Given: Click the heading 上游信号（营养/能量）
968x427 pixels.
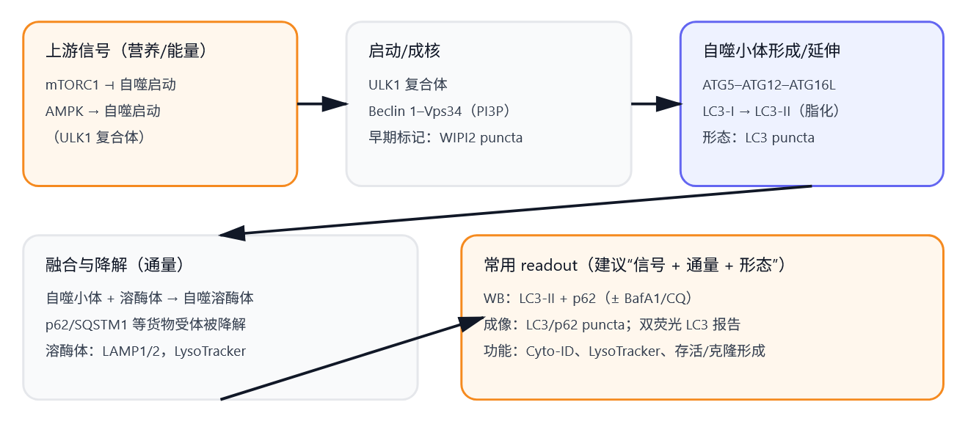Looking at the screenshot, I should coord(125,51).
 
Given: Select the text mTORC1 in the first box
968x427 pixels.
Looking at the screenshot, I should coord(72,85).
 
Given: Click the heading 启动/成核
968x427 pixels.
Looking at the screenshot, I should coord(404,51).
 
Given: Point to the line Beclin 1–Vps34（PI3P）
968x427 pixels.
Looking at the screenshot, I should coord(439,112).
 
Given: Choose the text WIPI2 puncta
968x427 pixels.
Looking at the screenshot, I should coord(481,138).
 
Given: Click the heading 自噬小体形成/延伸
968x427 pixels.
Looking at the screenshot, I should coord(771,51).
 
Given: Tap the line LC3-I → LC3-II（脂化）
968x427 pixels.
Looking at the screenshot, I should coord(771,112).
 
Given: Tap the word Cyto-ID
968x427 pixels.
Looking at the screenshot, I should coord(550,351).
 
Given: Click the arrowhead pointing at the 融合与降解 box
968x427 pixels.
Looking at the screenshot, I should coord(232,233).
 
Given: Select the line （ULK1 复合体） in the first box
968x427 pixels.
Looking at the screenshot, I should coord(95,138).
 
